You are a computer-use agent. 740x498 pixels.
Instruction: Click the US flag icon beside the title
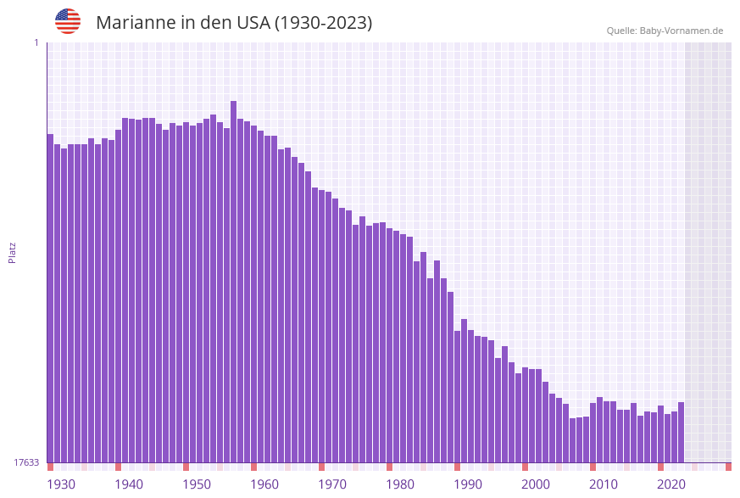(68, 21)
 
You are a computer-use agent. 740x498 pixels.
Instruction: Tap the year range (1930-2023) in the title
(323, 23)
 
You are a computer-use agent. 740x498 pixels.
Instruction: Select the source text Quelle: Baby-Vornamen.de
(665, 31)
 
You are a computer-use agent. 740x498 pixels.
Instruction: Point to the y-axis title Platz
(12, 252)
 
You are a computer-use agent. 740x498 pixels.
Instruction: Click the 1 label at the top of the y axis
(36, 42)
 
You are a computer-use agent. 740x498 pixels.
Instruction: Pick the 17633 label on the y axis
(26, 462)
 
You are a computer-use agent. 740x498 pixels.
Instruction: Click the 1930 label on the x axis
(61, 484)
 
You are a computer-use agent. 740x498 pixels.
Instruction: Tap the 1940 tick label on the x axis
(129, 484)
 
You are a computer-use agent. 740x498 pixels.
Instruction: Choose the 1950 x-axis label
(197, 484)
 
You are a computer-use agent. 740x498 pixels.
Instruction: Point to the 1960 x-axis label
(264, 484)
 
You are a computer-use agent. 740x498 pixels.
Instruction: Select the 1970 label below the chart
(332, 484)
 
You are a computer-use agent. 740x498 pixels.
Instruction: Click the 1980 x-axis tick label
(400, 484)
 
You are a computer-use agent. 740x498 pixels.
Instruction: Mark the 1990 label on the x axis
(468, 484)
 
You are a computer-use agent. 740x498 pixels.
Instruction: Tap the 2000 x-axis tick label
(536, 484)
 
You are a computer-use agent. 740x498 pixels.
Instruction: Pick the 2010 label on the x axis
(604, 484)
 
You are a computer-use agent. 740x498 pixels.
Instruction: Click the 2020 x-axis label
(671, 484)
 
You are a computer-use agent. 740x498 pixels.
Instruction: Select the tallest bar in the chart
(233, 280)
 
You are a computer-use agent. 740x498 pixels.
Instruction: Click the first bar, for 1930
(50, 297)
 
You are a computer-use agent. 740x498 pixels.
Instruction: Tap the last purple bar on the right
(681, 432)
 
